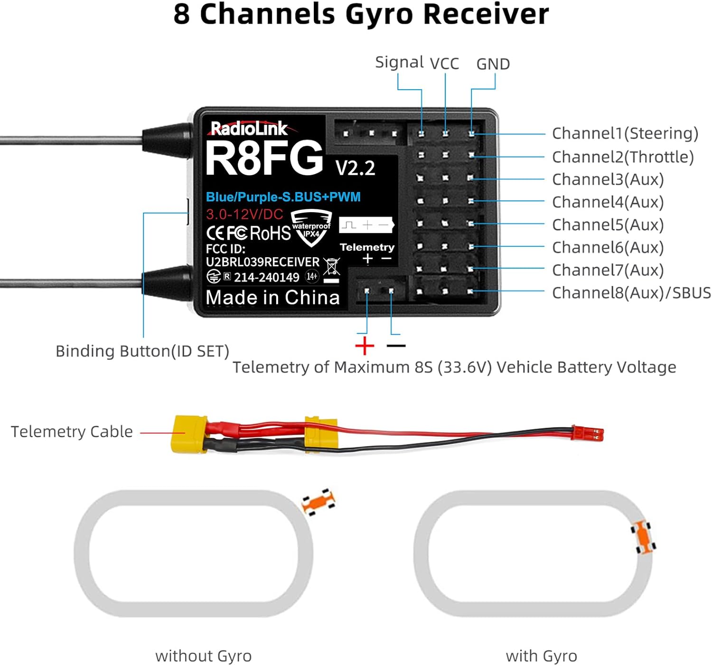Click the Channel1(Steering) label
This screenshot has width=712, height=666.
pyautogui.click(x=625, y=133)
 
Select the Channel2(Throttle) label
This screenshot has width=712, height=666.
pyautogui.click(x=623, y=157)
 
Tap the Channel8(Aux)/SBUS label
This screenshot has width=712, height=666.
pyautogui.click(x=631, y=293)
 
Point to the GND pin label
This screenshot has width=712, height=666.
pyautogui.click(x=493, y=64)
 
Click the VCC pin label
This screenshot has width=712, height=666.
pyautogui.click(x=444, y=64)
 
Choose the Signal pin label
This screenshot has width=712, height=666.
pyautogui.click(x=399, y=62)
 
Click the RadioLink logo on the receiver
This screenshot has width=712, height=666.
pyautogui.click(x=249, y=128)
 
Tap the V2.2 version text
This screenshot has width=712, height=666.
pyautogui.click(x=355, y=168)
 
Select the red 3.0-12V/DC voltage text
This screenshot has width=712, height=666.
pyautogui.click(x=244, y=214)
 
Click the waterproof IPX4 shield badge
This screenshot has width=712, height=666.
pyautogui.click(x=311, y=229)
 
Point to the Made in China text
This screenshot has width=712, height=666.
pyautogui.click(x=272, y=298)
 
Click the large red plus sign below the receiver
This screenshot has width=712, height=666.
pyautogui.click(x=365, y=346)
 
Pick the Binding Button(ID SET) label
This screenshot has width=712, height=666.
pyautogui.click(x=142, y=351)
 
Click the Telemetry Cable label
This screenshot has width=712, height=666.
pyautogui.click(x=72, y=431)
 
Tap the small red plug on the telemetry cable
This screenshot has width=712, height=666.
pyautogui.click(x=588, y=433)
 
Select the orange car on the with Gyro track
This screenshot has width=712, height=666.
pyautogui.click(x=643, y=537)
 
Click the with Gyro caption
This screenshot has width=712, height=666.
pyautogui.click(x=541, y=656)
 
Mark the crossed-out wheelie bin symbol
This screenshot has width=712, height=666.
pyautogui.click(x=332, y=267)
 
